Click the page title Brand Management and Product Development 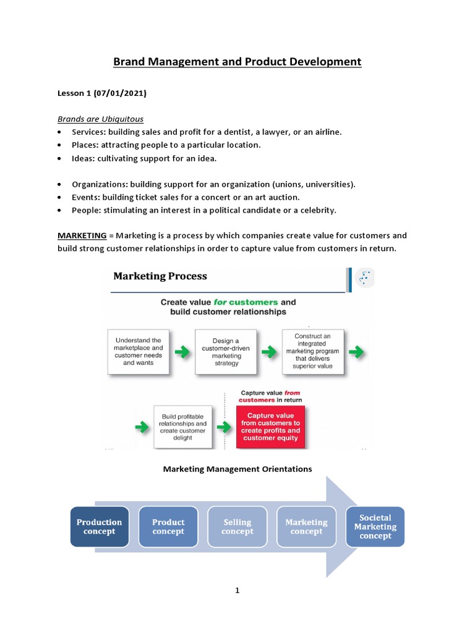click(237, 62)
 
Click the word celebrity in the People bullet click(315, 210)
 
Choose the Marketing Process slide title click(160, 276)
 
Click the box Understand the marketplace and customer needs click(138, 352)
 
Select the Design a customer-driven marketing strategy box click(226, 352)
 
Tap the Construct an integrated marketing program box click(312, 352)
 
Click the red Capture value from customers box click(270, 427)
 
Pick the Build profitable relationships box click(182, 427)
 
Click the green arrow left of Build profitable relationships click(142, 427)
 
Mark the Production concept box click(100, 527)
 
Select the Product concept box click(168, 527)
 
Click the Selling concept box click(237, 527)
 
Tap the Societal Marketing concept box click(375, 527)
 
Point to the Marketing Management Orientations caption click(237, 469)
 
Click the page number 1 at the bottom click(237, 590)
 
